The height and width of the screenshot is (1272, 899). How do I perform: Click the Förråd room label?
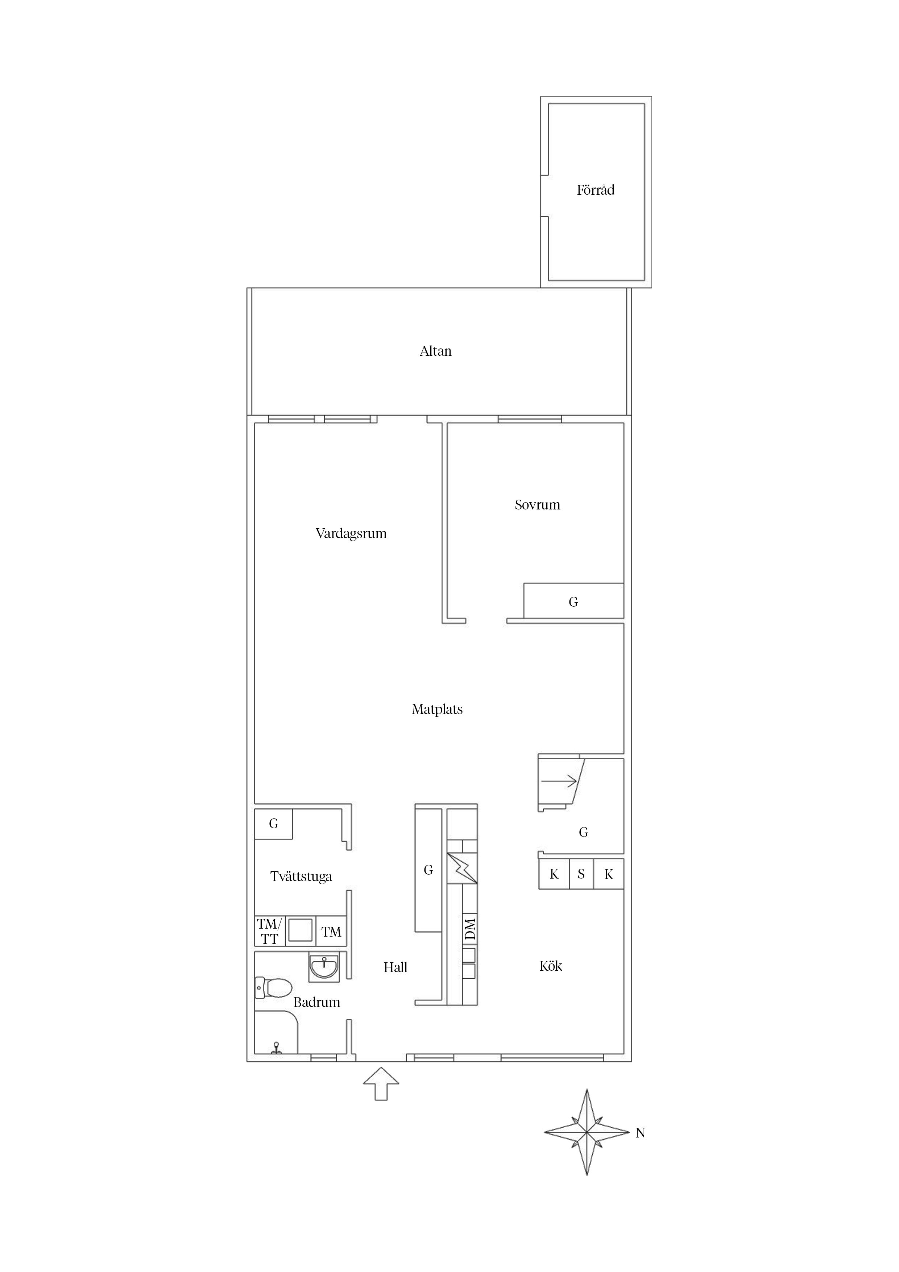[x=596, y=190]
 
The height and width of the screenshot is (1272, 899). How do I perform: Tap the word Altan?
[x=435, y=351]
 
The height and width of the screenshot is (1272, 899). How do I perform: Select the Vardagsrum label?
[x=351, y=533]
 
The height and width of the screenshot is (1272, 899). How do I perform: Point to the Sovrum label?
[x=537, y=505]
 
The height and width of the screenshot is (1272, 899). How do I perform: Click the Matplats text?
[x=437, y=709]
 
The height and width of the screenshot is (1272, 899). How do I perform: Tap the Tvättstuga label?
[x=301, y=876]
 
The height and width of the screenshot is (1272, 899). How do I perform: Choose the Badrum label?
[x=317, y=1002]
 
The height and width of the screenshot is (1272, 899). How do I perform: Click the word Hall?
[x=395, y=967]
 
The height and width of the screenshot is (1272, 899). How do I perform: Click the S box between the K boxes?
[x=581, y=874]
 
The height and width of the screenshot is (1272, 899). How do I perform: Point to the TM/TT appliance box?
[x=270, y=931]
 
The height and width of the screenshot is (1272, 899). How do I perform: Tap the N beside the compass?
[x=640, y=1133]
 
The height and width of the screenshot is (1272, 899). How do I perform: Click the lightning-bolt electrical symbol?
[x=462, y=868]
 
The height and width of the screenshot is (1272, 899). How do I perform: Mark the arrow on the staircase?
[x=559, y=781]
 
